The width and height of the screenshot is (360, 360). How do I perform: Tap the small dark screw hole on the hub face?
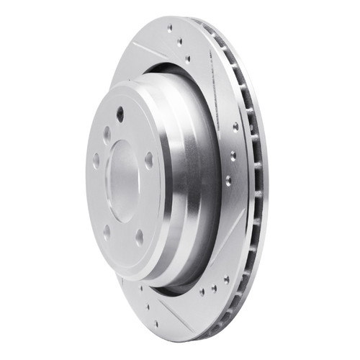coord(120,113)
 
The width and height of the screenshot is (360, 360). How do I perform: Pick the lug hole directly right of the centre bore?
coord(148,161)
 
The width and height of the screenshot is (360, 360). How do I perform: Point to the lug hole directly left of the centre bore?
coord(96,160)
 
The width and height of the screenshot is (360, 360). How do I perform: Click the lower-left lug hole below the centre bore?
coord(107,232)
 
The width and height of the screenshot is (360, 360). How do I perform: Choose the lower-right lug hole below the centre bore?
coord(138,235)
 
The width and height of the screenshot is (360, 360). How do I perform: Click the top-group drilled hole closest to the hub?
coord(189,59)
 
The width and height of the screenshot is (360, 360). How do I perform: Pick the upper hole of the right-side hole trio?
coord(235,127)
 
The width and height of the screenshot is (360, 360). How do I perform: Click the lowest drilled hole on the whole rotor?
coord(156,323)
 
